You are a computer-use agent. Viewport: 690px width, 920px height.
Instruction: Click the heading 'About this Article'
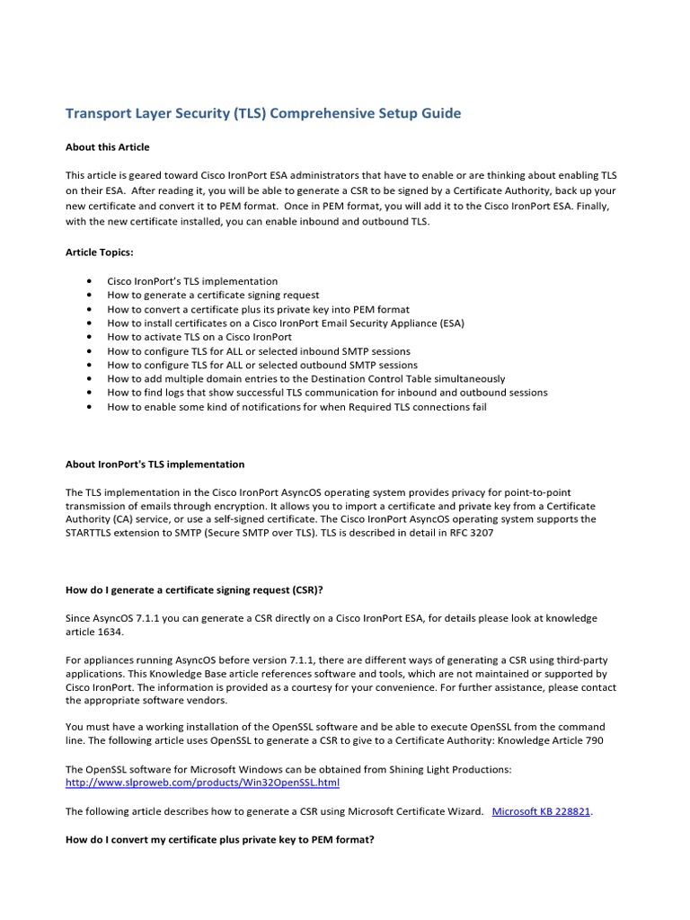click(x=108, y=147)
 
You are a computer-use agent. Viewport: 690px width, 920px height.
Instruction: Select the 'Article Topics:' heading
click(x=100, y=253)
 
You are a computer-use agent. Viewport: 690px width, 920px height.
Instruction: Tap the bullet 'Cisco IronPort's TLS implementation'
click(x=192, y=281)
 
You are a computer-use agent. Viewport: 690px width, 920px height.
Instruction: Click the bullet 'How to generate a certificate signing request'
click(x=213, y=295)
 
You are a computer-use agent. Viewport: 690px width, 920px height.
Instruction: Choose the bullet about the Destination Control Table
click(x=305, y=379)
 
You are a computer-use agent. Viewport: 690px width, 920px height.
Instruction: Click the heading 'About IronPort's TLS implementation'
click(x=155, y=464)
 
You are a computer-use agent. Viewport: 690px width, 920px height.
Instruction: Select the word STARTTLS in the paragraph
click(x=92, y=533)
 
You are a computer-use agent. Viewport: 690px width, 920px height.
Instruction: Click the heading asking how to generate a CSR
click(x=194, y=590)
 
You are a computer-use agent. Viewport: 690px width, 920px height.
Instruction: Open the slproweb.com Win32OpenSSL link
click(x=202, y=783)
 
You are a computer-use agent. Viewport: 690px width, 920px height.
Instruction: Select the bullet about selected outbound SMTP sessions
click(x=262, y=365)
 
